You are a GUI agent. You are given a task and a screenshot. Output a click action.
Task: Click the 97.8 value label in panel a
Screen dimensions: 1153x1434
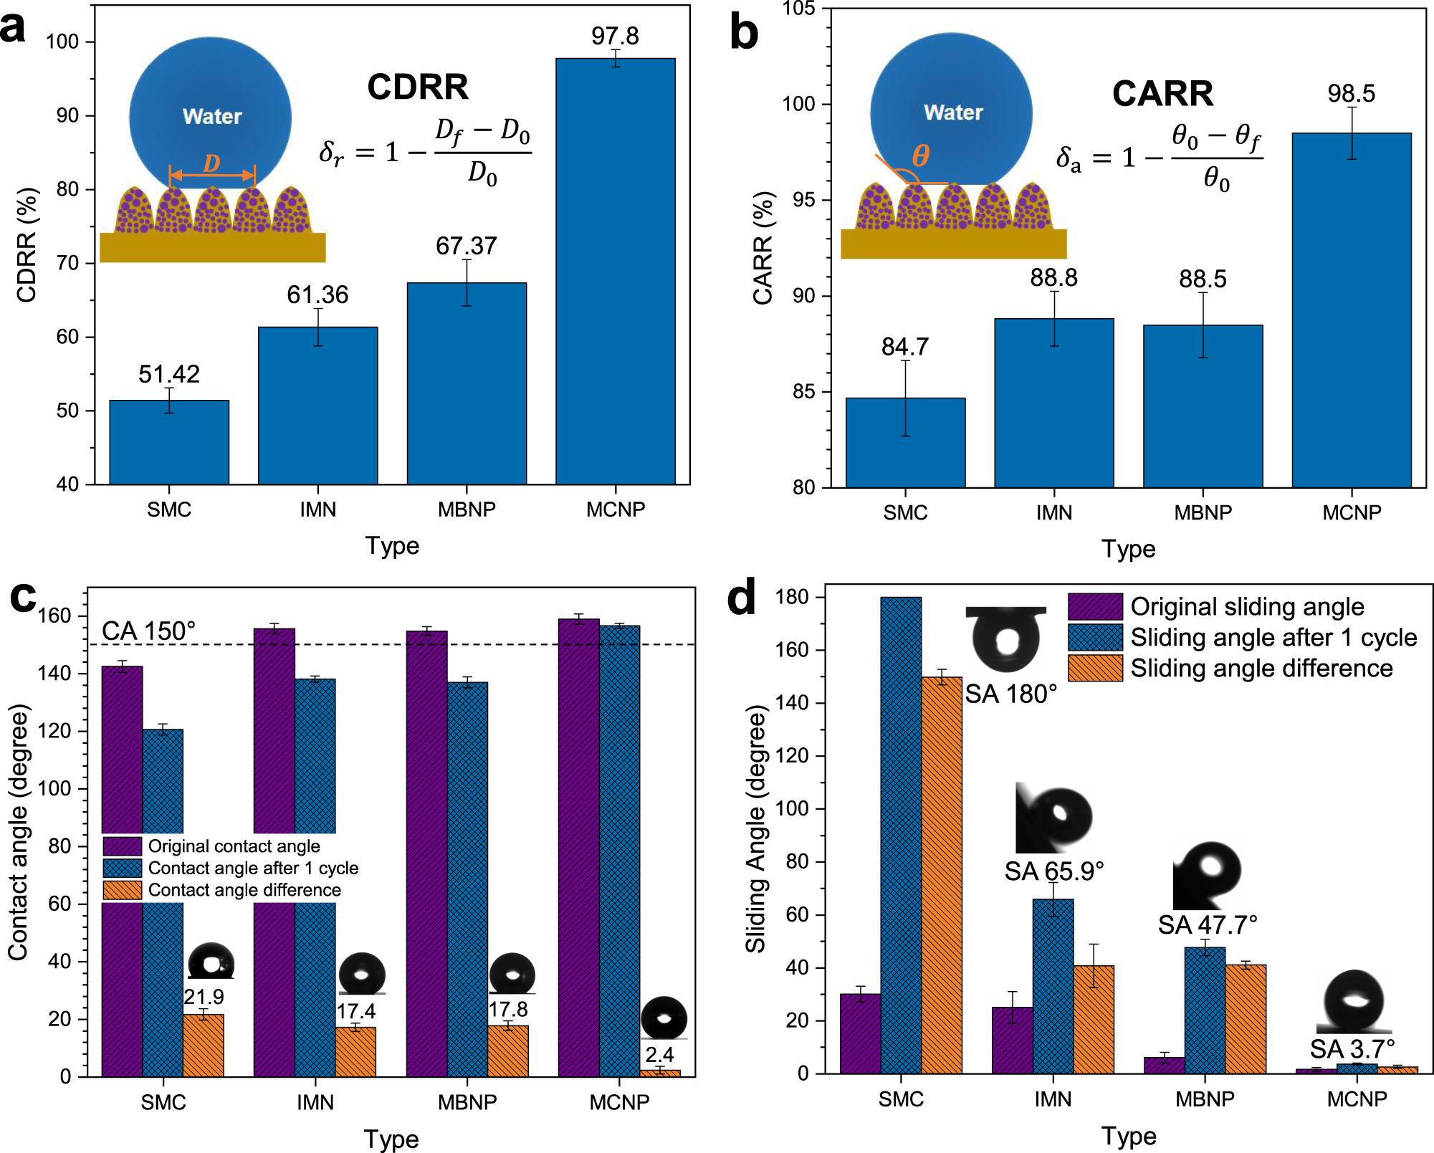pyautogui.click(x=615, y=36)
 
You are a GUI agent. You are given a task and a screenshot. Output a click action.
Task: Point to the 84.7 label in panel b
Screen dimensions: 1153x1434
pyautogui.click(x=905, y=347)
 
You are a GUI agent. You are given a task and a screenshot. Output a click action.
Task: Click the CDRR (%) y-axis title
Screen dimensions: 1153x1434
pyautogui.click(x=27, y=245)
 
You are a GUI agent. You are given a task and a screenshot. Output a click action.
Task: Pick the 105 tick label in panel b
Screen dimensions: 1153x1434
pyautogui.click(x=798, y=9)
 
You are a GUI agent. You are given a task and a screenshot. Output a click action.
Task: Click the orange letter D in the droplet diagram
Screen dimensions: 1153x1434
pyautogui.click(x=211, y=163)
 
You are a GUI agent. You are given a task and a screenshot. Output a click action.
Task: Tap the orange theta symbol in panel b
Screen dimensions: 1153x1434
pyautogui.click(x=921, y=156)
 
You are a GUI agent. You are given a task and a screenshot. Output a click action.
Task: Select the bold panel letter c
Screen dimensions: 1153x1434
pyautogui.click(x=23, y=596)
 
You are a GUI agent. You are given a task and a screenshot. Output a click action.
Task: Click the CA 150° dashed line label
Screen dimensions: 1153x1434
pyautogui.click(x=148, y=631)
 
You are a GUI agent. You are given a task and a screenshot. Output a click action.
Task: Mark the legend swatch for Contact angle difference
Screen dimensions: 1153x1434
pyautogui.click(x=123, y=890)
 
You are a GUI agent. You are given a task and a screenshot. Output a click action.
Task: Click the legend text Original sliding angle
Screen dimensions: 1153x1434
pyautogui.click(x=1247, y=606)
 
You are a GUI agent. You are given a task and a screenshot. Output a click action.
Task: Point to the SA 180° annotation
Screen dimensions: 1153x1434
pyautogui.click(x=1010, y=694)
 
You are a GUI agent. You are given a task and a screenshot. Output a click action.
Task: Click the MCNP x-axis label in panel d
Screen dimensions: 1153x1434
pyautogui.click(x=1357, y=1099)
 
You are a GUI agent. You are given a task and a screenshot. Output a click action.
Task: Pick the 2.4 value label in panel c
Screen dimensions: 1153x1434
pyautogui.click(x=659, y=1054)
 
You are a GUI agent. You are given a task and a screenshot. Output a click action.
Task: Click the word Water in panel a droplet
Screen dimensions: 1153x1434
pyautogui.click(x=212, y=116)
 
